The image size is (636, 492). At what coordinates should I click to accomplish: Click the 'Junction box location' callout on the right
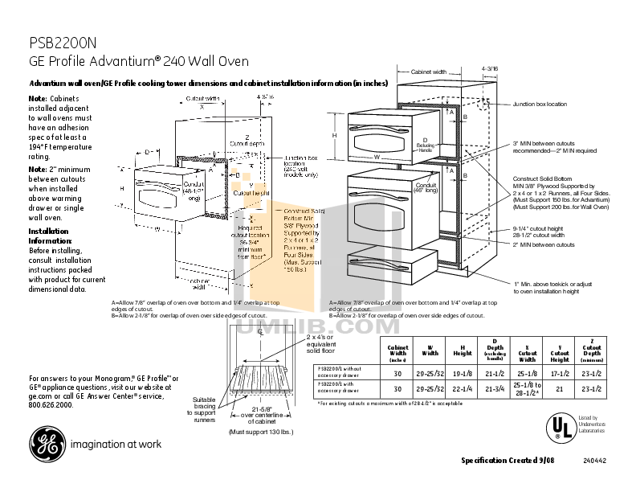coord(539,104)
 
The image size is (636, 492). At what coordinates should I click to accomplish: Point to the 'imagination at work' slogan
coord(116,444)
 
